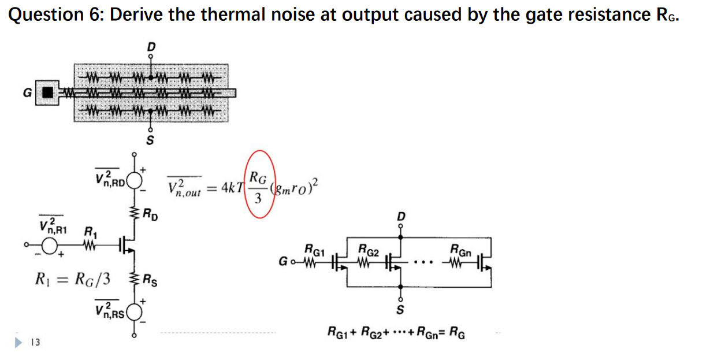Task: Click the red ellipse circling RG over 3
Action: tap(258, 184)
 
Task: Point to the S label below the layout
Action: tap(150, 139)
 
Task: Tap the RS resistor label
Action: tap(151, 283)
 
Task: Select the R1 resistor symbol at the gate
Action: tap(89, 247)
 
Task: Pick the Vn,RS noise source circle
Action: tap(134, 312)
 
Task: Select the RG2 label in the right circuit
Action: tap(368, 250)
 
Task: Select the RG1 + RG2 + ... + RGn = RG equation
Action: tap(396, 332)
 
